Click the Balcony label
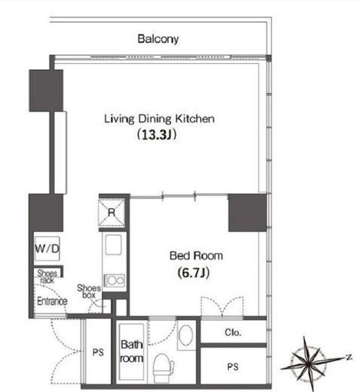[x=158, y=39]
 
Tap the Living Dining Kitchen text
[x=160, y=119]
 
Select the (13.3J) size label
[x=157, y=135]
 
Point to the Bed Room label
[x=196, y=256]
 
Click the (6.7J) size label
[x=194, y=272]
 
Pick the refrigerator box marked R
[x=111, y=213]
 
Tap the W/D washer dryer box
[x=47, y=249]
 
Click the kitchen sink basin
[x=114, y=244]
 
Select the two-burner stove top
[x=114, y=280]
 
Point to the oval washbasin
[x=186, y=335]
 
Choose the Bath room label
[x=132, y=351]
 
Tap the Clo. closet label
[x=233, y=332]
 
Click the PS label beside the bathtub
[x=98, y=352]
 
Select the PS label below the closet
[x=233, y=367]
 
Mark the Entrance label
[x=52, y=301]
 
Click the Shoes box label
[x=89, y=291]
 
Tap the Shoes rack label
[x=47, y=277]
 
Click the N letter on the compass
[x=349, y=357]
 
